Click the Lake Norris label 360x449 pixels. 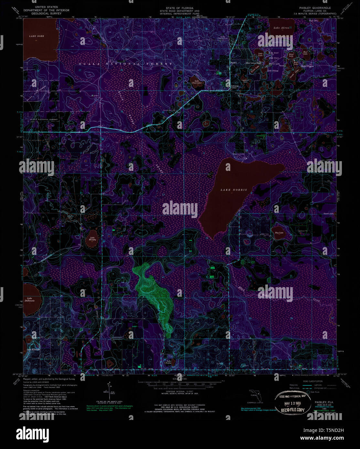pyautogui.click(x=234, y=190)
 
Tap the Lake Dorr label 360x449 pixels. pyautogui.click(x=37, y=36)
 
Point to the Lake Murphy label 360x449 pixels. pyautogui.click(x=92, y=239)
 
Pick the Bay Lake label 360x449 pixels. pyautogui.click(x=279, y=233)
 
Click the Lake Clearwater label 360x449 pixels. pyautogui.click(x=196, y=82)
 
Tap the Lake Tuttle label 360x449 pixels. pyautogui.click(x=168, y=362)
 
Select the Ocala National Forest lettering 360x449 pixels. pyautogui.click(x=125, y=64)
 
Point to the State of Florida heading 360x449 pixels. pyautogui.click(x=179, y=8)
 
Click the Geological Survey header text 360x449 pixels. pyautogui.click(x=46, y=14)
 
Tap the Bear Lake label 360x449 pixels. pyautogui.click(x=305, y=53)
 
